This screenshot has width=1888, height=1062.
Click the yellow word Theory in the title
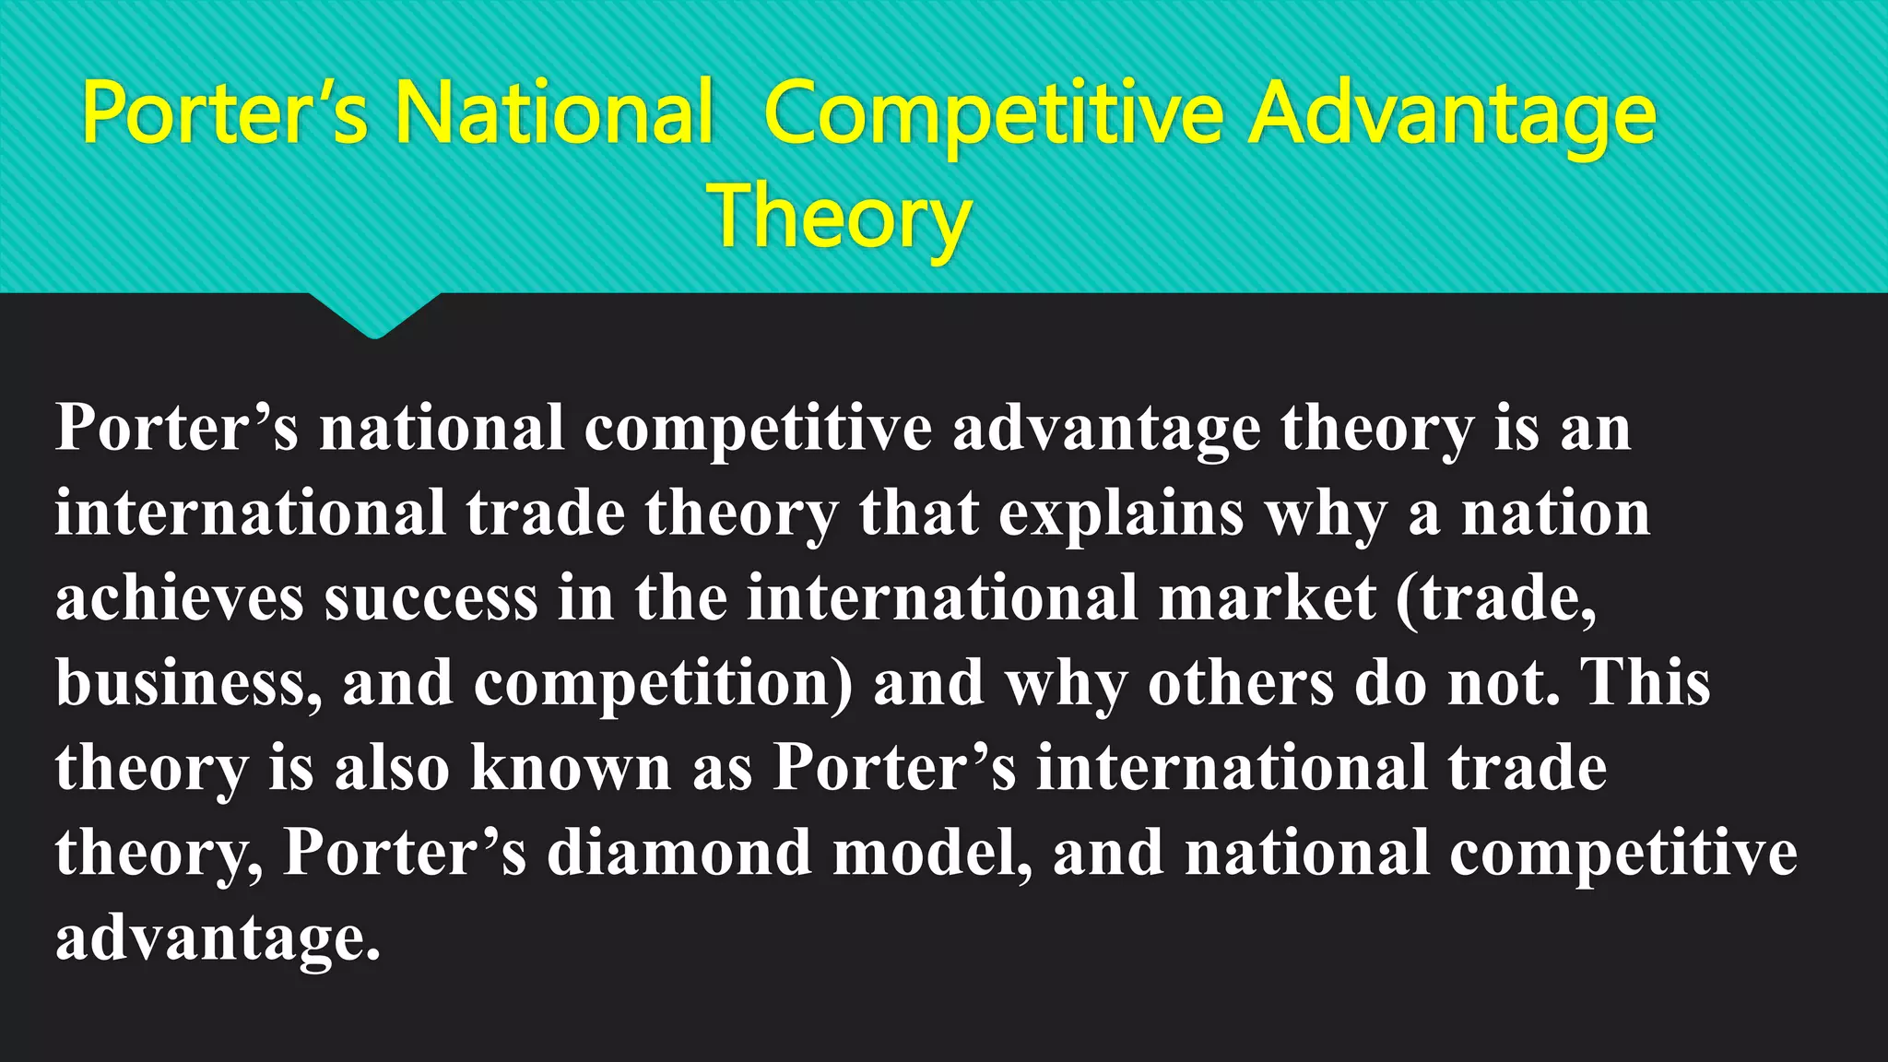coord(839,217)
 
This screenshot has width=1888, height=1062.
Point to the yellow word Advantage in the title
coord(1452,115)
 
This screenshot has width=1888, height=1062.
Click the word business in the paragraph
coord(188,683)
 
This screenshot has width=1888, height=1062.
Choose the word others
coord(1240,683)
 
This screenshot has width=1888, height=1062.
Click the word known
coord(571,767)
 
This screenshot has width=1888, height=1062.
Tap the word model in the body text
coord(931,852)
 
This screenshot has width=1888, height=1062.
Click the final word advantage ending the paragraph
coord(217,938)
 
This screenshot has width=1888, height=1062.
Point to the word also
coord(392,767)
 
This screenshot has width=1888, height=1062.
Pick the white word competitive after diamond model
coord(1622,854)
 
